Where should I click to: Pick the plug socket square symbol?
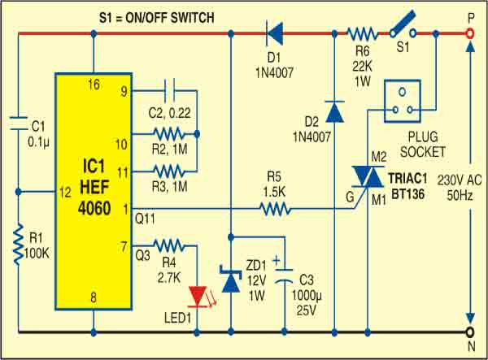[404, 97]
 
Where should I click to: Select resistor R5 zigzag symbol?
[275, 210]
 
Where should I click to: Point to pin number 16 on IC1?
[94, 84]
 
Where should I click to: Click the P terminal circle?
[469, 33]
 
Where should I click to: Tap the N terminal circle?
[469, 332]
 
